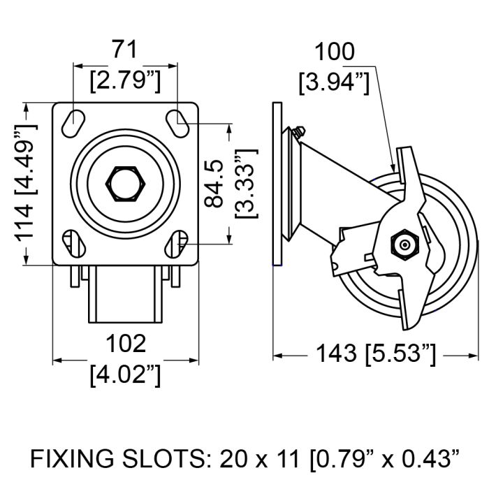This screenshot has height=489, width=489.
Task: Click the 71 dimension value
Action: (125, 50)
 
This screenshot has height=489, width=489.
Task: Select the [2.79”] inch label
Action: (125, 81)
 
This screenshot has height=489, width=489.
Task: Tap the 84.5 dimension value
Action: (214, 183)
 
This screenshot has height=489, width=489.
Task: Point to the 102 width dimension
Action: (126, 344)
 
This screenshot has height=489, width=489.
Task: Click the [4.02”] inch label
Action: (125, 375)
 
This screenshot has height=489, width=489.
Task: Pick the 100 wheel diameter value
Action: (335, 52)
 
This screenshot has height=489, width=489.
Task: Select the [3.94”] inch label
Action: (335, 82)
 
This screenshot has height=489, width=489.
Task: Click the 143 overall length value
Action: (336, 353)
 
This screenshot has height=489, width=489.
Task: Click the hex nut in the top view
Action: (125, 184)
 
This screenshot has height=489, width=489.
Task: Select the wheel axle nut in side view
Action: (404, 245)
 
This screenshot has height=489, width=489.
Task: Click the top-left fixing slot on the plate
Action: (73, 124)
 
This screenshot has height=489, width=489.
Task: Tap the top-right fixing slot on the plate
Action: (177, 124)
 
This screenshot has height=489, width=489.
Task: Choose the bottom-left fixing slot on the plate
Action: (73, 244)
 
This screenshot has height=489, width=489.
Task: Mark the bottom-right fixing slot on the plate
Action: (177, 244)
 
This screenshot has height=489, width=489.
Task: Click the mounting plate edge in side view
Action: (277, 184)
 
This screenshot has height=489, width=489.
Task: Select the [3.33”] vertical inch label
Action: (247, 183)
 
